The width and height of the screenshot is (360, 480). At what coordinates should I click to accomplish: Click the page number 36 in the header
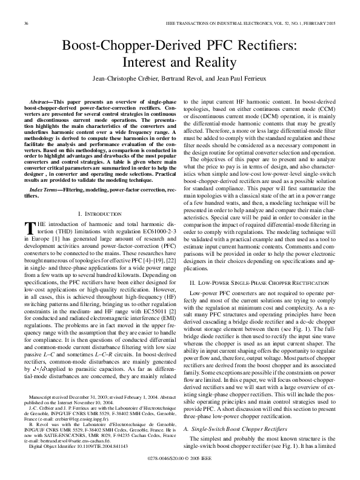(x=25, y=24)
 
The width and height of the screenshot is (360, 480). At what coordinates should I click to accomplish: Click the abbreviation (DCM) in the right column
(x=262, y=116)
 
